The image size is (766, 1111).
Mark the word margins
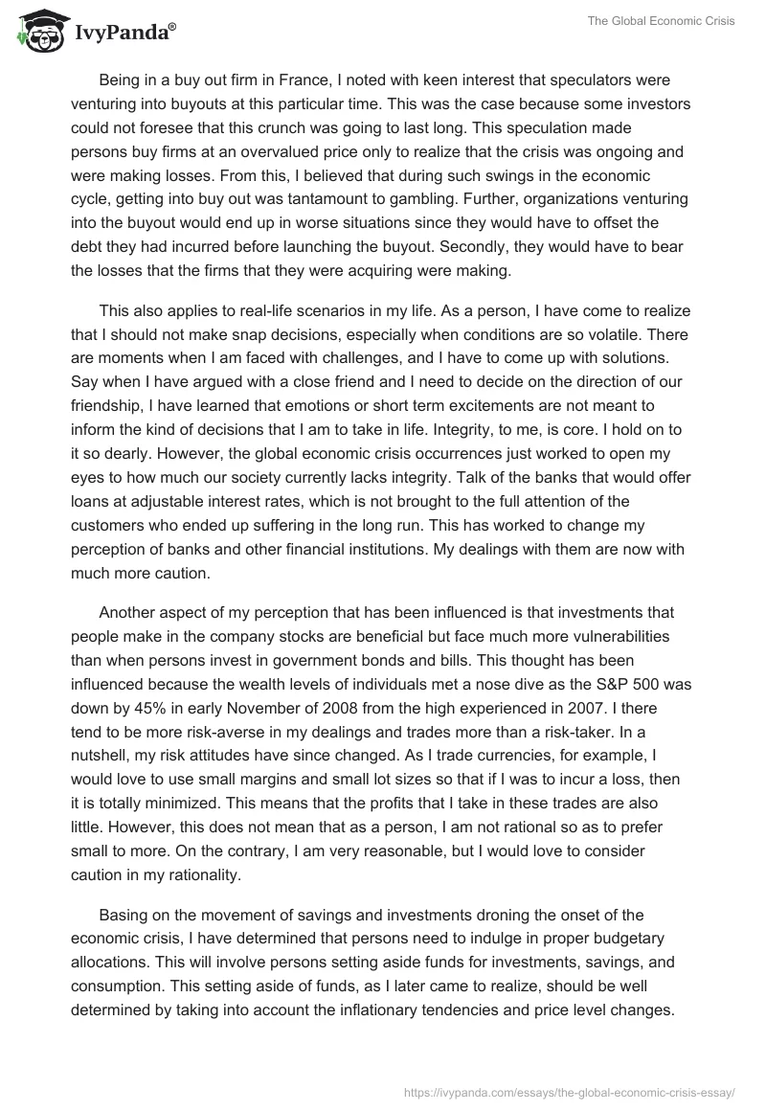click(x=271, y=778)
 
